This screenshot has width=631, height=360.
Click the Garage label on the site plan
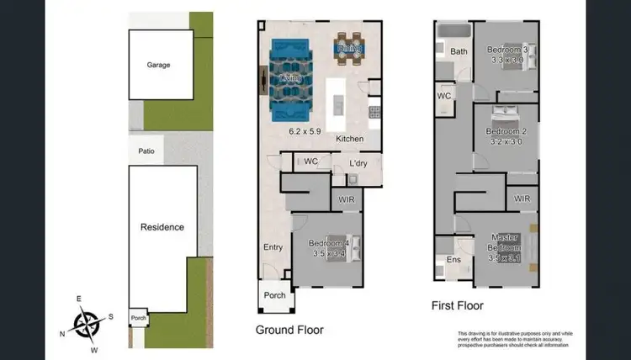pos(159,65)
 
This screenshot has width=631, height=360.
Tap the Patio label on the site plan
pos(145,151)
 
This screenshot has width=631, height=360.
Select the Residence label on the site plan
pos(162,227)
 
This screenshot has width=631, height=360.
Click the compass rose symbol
pos(86,322)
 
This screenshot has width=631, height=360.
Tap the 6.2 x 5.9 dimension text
pos(306,131)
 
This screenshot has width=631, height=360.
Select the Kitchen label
pos(349,138)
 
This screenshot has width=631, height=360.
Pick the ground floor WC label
pos(310,161)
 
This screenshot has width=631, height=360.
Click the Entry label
pos(273,247)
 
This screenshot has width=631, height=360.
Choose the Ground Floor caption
pos(289,330)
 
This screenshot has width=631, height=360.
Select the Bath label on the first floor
pos(459,52)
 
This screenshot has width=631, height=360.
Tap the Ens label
pos(454,260)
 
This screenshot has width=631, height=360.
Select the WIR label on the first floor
pos(522,199)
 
